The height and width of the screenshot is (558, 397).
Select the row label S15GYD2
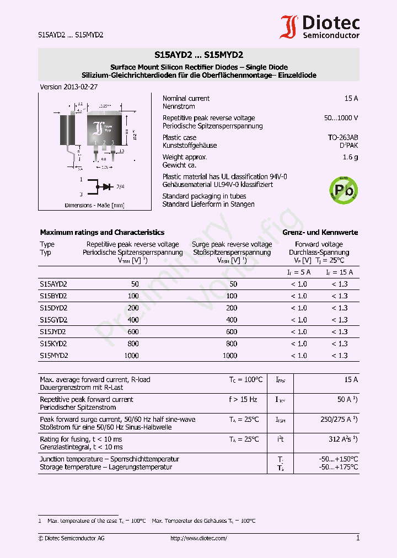point(53,320)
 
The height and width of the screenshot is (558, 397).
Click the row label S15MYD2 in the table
point(54,356)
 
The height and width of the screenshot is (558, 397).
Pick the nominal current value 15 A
point(351,98)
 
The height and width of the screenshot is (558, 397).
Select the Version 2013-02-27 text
point(69,87)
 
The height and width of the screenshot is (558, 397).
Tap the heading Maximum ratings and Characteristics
point(102,232)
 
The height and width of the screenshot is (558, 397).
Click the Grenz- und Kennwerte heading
point(320,232)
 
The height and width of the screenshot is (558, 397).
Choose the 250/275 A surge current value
point(339,420)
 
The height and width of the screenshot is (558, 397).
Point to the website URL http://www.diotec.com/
point(198,538)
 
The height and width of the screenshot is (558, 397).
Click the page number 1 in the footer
point(357,538)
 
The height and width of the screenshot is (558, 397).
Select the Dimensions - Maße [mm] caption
point(94,205)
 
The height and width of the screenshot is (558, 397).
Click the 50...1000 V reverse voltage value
point(341,118)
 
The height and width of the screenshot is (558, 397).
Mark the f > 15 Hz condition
point(243,399)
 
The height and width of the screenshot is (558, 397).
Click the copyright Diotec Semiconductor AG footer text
point(71,538)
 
